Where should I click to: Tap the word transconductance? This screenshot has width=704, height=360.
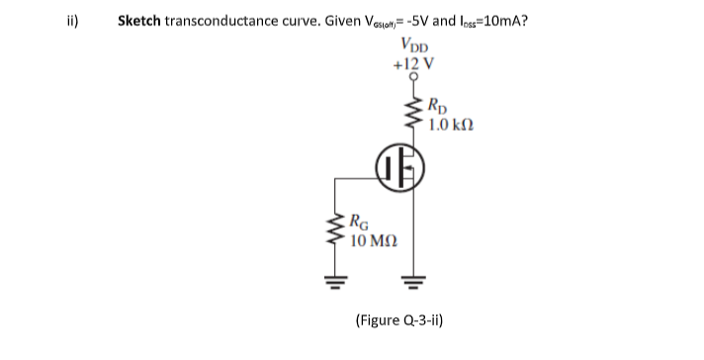pyautogui.click(x=224, y=20)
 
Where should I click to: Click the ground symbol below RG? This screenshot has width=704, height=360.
pyautogui.click(x=334, y=292)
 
